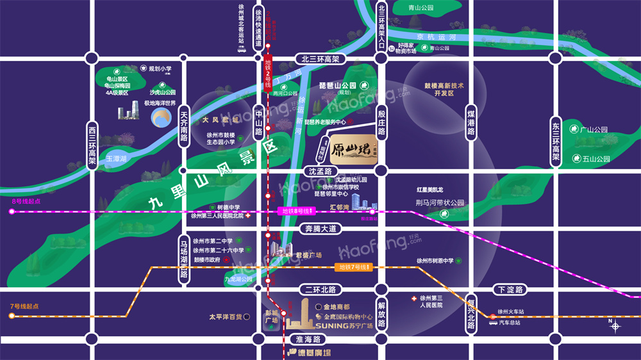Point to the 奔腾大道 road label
coord(320,228)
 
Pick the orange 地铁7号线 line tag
coord(354,266)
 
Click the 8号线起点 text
coord(26,201)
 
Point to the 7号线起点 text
coord(24,306)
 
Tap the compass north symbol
coord(615,325)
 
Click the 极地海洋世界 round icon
coord(160,118)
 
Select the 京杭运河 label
coord(436,38)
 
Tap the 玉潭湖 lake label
coord(117,158)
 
